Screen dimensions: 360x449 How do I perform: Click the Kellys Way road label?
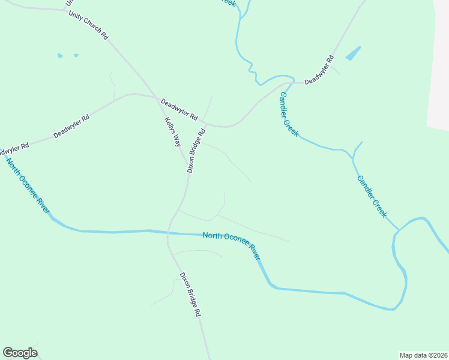(173, 132)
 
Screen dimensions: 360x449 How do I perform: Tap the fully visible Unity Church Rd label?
(88, 25)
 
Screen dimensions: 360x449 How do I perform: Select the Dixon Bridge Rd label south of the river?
(190, 295)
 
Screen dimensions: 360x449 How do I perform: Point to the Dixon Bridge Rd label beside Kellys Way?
(196, 151)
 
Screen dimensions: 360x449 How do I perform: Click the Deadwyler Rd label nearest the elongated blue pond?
(319, 70)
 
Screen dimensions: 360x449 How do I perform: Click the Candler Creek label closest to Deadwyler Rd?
(289, 115)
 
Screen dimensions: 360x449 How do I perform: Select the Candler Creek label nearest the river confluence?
(372, 196)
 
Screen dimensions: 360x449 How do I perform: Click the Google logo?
(20, 353)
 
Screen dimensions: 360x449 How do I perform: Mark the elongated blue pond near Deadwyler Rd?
(353, 53)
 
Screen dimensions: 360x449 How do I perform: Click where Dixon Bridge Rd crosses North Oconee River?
(169, 232)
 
